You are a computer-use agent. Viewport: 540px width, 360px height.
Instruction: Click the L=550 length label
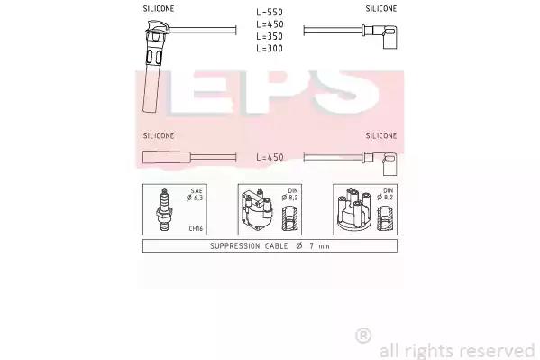pyautogui.click(x=270, y=12)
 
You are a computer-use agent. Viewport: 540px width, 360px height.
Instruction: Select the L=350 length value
pyautogui.click(x=270, y=36)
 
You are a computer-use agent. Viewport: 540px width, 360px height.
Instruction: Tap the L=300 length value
pyautogui.click(x=270, y=49)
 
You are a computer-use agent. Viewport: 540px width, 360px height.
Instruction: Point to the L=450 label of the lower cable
pyautogui.click(x=270, y=157)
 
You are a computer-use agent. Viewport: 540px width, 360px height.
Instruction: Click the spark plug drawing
pyautogui.click(x=165, y=209)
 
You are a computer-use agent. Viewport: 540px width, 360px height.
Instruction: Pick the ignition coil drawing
pyautogui.click(x=257, y=210)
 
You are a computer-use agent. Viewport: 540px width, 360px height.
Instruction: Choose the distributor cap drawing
pyautogui.click(x=354, y=210)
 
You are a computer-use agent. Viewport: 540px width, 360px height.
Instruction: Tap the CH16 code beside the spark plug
pyautogui.click(x=196, y=228)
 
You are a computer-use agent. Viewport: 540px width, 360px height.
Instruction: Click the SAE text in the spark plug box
pyautogui.click(x=197, y=190)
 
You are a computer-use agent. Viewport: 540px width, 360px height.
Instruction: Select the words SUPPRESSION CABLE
pyautogui.click(x=249, y=245)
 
